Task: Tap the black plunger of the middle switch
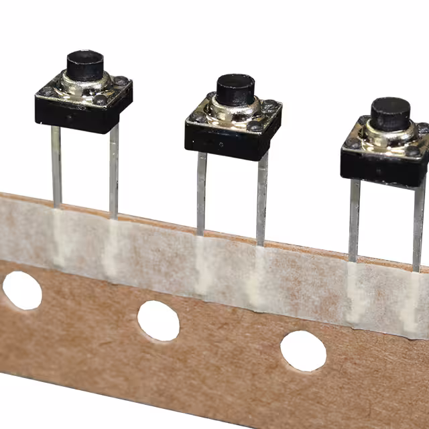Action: pos(236,88)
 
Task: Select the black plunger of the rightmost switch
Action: pos(390,113)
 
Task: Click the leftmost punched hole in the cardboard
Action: pos(21,290)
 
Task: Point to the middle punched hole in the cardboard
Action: pos(159,320)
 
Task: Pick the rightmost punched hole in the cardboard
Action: pos(303,351)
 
